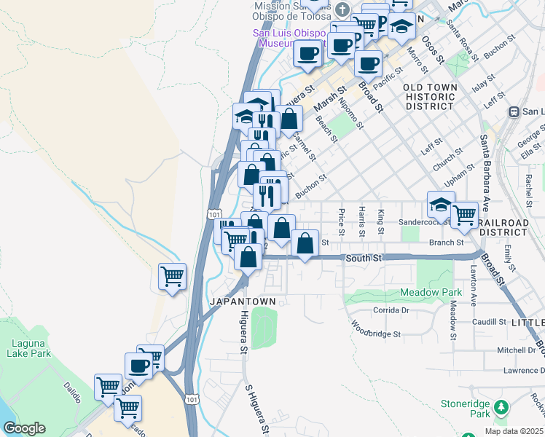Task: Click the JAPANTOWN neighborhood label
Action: (243, 302)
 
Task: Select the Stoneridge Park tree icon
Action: (500, 407)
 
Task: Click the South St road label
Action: (364, 258)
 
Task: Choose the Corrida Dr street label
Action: (392, 310)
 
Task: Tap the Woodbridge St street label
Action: (376, 329)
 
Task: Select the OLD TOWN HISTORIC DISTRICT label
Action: (430, 96)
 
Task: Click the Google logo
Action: (24, 428)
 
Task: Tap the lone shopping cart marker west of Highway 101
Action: (173, 276)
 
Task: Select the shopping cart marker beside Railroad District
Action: (464, 214)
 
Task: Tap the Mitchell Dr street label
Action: (516, 350)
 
